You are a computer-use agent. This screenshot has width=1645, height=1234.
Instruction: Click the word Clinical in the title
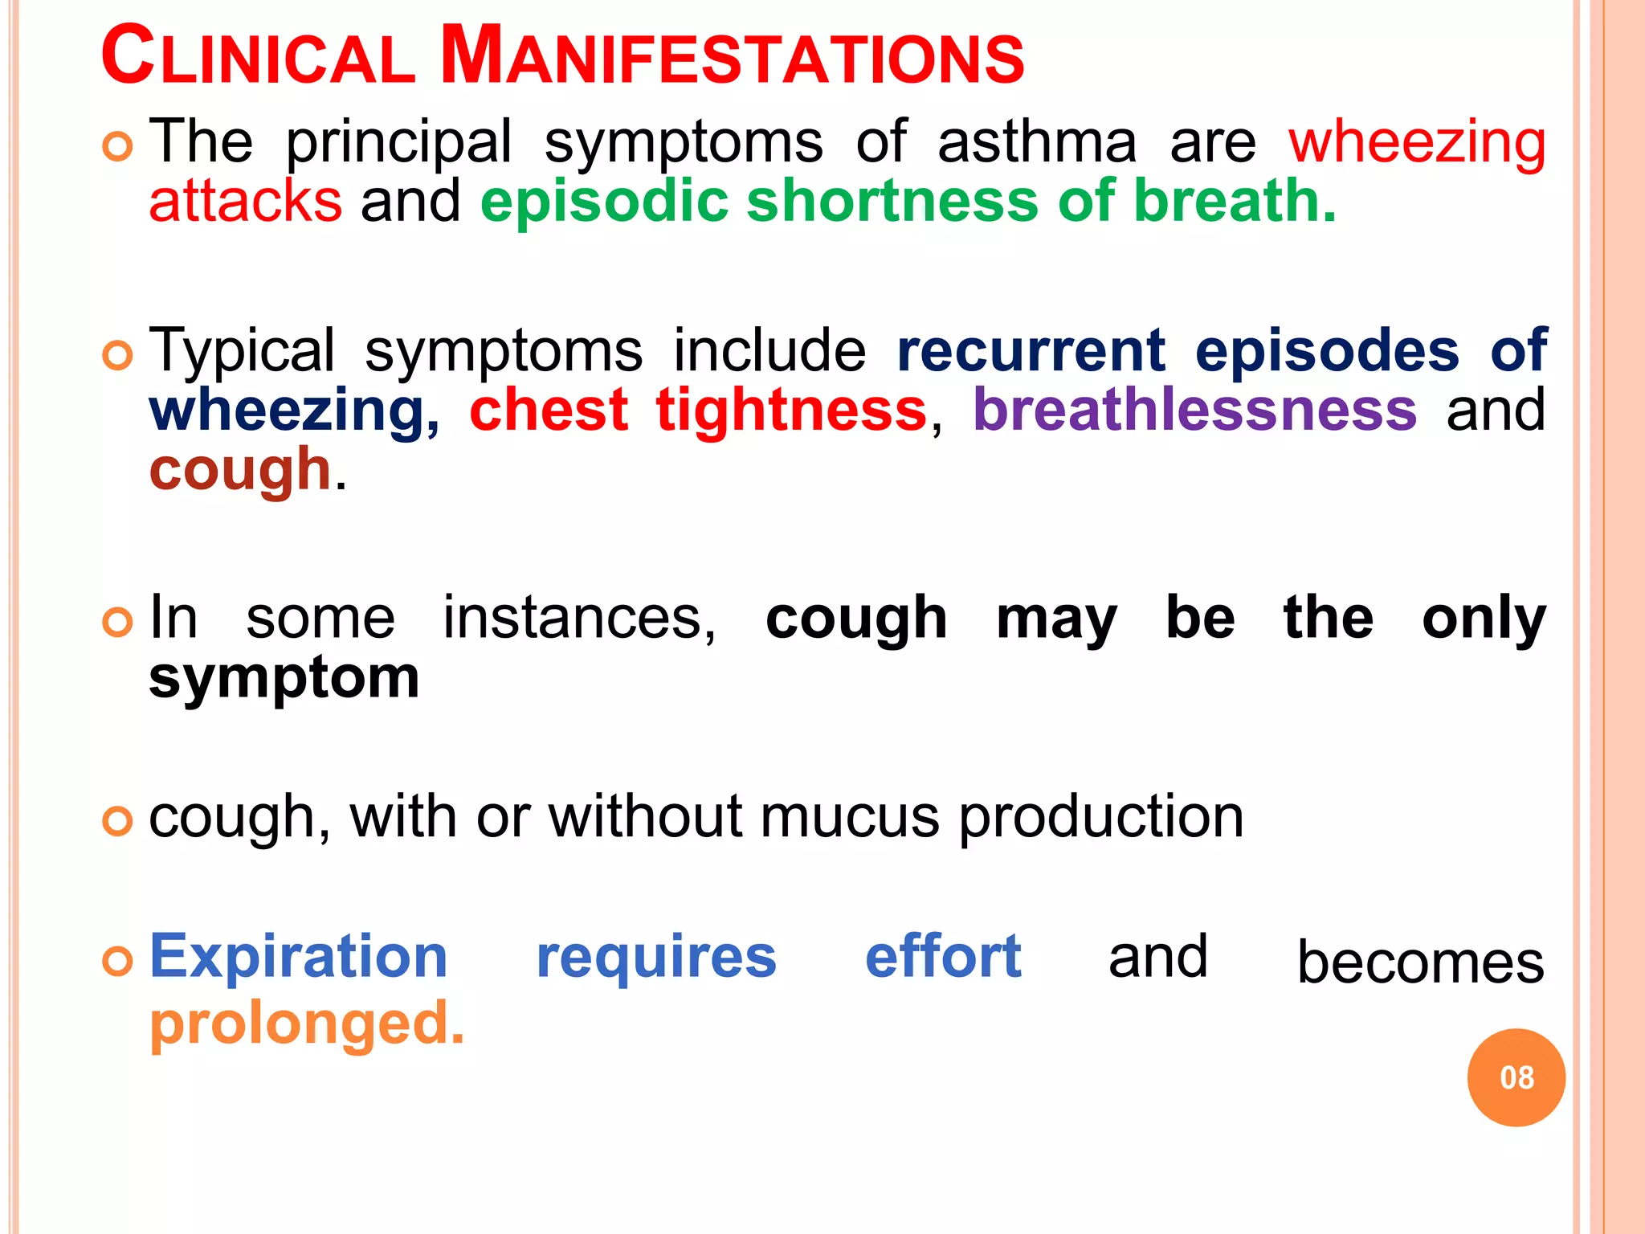coord(258,57)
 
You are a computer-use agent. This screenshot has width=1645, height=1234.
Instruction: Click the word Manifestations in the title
coord(733,57)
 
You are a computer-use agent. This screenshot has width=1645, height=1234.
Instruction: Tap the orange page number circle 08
coord(1516,1077)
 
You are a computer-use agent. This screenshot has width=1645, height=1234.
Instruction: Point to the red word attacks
coord(246,201)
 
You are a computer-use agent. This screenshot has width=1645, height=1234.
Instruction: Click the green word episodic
coord(604,201)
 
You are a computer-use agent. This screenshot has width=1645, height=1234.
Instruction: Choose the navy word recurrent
coord(1031,352)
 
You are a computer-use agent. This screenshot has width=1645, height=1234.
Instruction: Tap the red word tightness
coord(791,410)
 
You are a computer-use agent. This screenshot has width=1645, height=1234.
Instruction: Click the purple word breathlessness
coord(1194,410)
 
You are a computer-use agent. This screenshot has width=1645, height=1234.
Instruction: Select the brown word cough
coord(240,471)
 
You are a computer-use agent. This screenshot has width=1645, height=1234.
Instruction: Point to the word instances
coord(579,619)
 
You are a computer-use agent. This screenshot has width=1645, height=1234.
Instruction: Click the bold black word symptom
coord(284,678)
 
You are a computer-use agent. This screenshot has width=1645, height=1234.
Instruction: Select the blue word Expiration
coord(299,958)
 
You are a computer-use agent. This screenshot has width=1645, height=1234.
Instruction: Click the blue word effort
coord(943,958)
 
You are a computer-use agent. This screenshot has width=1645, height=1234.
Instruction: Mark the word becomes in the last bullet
coord(1420,962)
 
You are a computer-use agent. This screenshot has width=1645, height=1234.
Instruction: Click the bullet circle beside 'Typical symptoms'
coord(117,354)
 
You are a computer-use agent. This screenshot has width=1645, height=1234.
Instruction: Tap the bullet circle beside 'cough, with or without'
coord(117,821)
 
